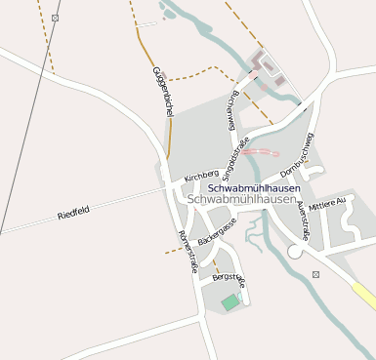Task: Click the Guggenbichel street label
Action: [162, 92]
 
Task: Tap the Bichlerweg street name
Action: [231, 110]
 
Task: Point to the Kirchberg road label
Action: [202, 177]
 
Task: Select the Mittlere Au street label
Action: [327, 205]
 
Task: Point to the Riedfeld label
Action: [72, 213]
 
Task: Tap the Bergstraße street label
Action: [229, 279]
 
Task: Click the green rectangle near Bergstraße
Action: [230, 303]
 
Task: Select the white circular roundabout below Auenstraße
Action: [295, 252]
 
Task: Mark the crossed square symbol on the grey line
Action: [55, 18]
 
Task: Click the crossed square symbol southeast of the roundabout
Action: [315, 275]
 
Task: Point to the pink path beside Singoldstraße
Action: [261, 151]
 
